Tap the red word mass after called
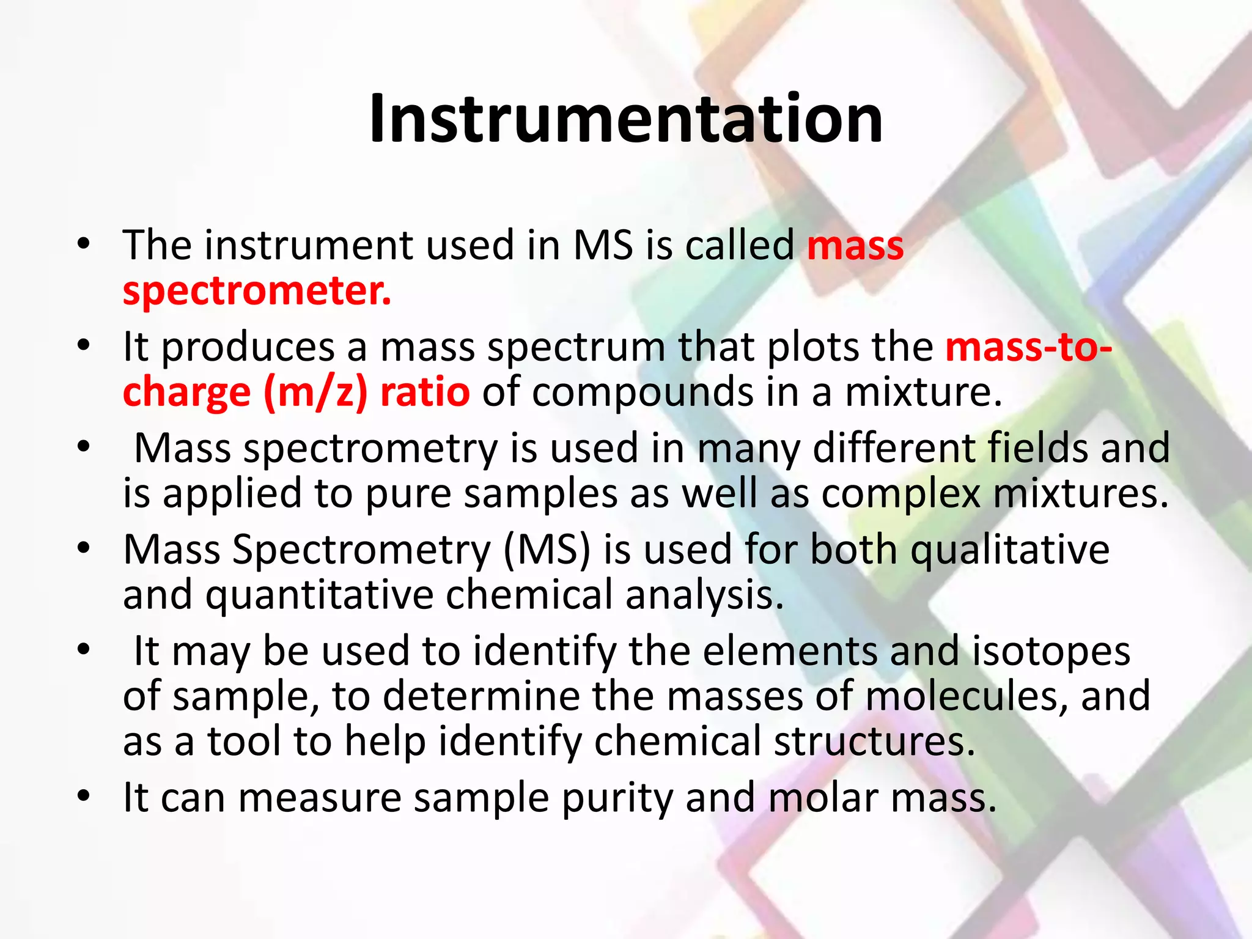click(855, 246)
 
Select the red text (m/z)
click(315, 392)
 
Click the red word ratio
click(425, 392)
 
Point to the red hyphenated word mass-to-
click(1028, 347)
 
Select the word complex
click(900, 493)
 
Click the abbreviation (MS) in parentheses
click(547, 550)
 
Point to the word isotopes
click(1051, 651)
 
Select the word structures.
click(874, 742)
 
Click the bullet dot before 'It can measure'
click(84, 796)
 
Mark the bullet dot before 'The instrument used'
click(84, 244)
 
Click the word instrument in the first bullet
click(309, 246)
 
